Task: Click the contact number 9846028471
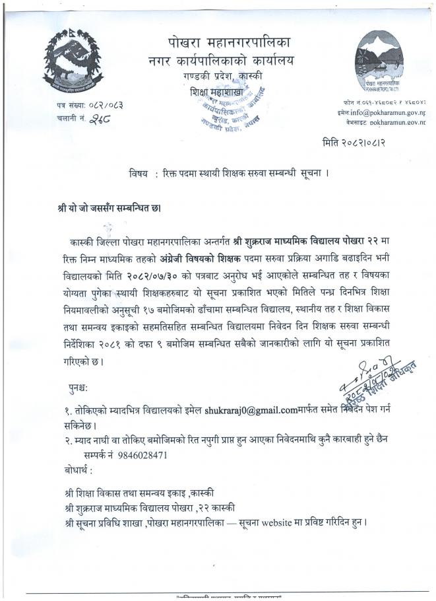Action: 141,455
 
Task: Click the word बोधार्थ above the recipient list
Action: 75,470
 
